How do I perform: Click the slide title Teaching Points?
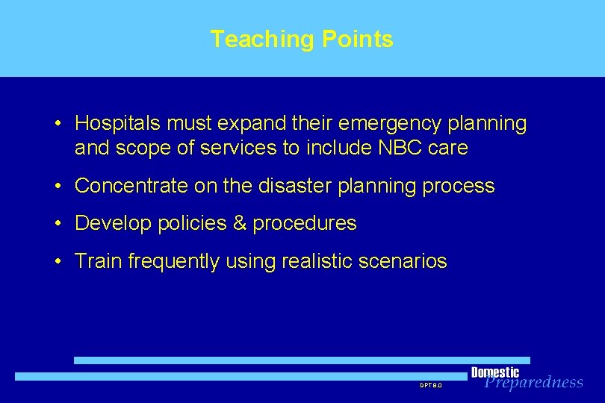click(302, 39)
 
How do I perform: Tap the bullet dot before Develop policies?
click(58, 224)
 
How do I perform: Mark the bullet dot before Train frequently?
click(58, 262)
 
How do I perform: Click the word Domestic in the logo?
click(494, 372)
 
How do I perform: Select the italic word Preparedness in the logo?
click(534, 383)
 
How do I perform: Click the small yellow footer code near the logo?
click(431, 385)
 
